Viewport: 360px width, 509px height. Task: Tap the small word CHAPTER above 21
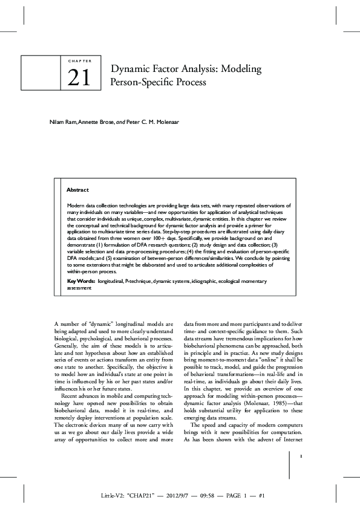(76, 62)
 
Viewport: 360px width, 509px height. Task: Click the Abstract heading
(77, 190)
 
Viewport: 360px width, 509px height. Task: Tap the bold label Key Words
(80, 282)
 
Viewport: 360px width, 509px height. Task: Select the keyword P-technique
(137, 282)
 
